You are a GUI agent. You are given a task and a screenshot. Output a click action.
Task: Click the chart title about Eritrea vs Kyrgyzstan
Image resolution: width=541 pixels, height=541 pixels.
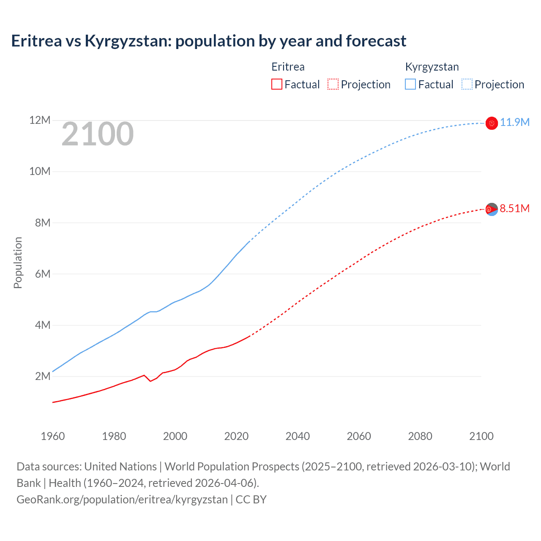click(x=208, y=41)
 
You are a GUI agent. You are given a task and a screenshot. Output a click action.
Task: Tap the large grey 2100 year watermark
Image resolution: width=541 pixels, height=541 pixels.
click(x=98, y=134)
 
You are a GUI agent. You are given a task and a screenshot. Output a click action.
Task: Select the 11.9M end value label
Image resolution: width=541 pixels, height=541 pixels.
click(x=514, y=123)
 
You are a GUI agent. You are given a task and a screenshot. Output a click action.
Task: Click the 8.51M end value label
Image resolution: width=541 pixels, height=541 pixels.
click(x=514, y=208)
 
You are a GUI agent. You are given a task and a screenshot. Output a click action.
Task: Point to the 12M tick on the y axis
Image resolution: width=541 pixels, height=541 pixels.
click(x=40, y=120)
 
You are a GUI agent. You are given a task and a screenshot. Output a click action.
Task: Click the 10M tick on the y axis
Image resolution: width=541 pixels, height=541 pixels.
click(x=40, y=172)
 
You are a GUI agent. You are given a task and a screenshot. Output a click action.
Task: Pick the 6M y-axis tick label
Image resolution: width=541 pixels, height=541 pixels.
click(x=42, y=274)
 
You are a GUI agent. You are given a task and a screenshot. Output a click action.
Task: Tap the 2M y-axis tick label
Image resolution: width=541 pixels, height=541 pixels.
click(x=42, y=376)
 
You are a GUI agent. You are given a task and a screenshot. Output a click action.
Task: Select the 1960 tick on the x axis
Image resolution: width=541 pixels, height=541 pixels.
click(x=53, y=436)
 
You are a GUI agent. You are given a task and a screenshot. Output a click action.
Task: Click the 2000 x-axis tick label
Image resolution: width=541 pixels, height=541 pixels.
click(x=175, y=436)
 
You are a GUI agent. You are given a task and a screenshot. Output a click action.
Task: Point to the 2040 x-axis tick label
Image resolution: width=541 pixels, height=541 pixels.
click(x=298, y=436)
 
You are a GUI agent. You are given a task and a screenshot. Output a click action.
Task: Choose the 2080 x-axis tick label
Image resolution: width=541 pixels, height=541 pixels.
click(x=420, y=436)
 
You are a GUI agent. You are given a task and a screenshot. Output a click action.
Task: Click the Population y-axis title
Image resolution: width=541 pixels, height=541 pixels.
click(x=18, y=262)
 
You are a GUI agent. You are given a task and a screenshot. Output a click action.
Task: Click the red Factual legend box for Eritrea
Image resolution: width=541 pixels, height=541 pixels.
click(x=276, y=85)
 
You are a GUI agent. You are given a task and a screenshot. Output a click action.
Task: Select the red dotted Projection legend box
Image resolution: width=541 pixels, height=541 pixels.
click(x=333, y=85)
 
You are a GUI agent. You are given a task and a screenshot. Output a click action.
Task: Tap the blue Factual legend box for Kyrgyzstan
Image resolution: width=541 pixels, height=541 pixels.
click(x=410, y=85)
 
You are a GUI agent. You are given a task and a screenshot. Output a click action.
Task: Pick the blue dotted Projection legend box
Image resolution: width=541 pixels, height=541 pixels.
click(x=467, y=85)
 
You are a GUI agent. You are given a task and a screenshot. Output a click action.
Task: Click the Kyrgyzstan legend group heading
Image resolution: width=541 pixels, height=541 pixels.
click(x=432, y=67)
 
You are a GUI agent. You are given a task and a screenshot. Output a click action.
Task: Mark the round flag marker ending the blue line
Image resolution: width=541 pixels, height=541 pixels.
click(x=492, y=123)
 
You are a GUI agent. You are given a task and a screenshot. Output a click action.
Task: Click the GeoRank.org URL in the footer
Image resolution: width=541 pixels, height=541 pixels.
click(x=122, y=500)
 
